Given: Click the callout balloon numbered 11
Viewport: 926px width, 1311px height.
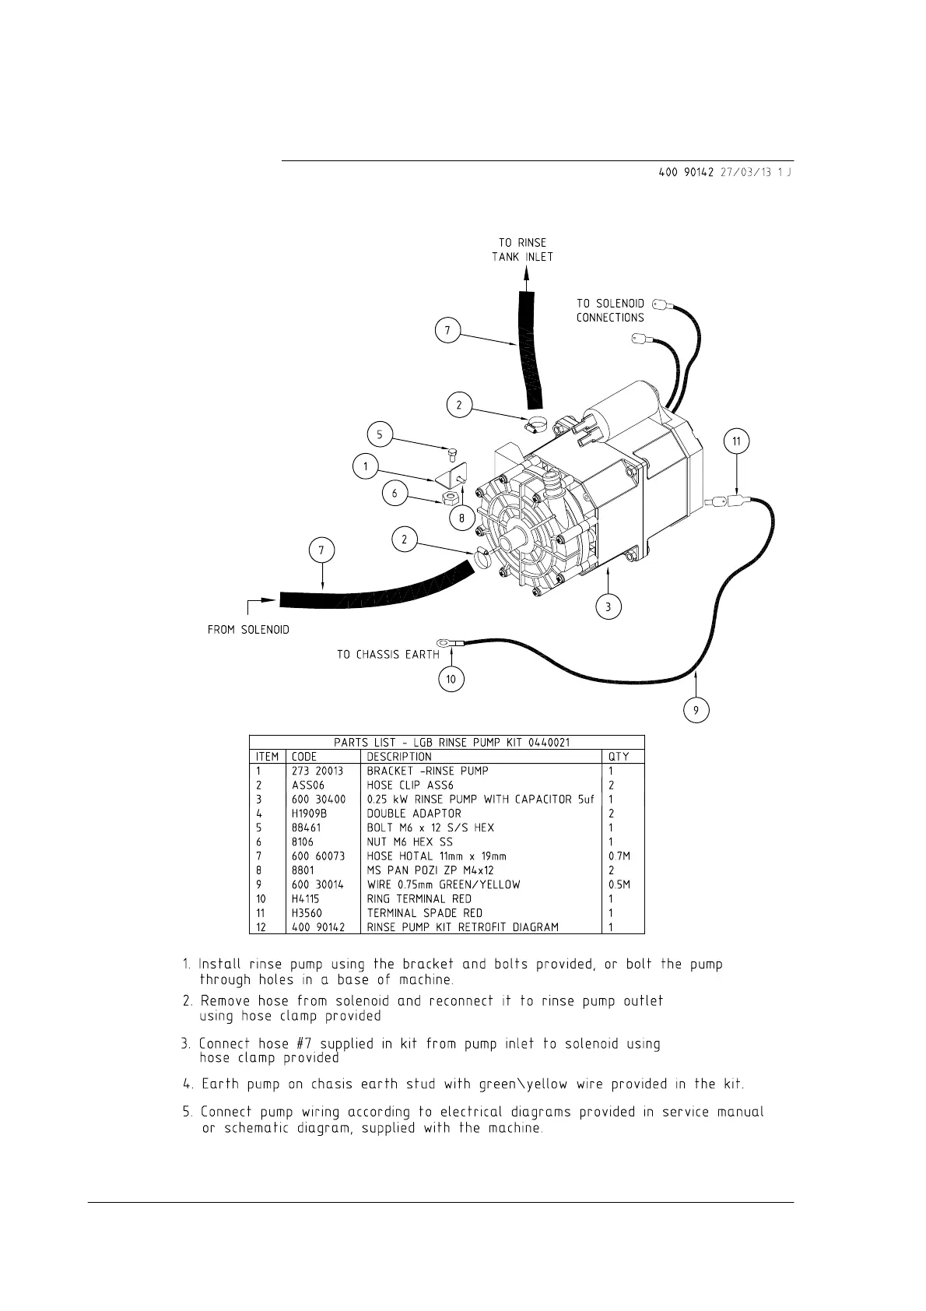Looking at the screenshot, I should click(736, 442).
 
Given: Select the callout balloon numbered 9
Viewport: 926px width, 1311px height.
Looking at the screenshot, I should click(696, 710).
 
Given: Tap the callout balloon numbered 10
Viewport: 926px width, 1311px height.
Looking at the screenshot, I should click(451, 680).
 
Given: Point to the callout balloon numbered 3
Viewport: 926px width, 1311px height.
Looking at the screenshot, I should click(609, 606).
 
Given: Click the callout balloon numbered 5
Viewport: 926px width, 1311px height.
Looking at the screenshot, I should click(380, 434).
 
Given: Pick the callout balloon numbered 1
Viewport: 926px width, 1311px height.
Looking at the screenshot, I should click(365, 467).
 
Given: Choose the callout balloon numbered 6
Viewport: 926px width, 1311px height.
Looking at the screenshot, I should click(395, 494).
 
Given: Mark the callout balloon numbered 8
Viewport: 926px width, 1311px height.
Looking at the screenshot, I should click(461, 518).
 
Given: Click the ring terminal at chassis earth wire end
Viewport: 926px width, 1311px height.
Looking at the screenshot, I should click(444, 643).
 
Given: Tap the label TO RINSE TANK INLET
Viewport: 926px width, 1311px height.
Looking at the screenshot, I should click(522, 250).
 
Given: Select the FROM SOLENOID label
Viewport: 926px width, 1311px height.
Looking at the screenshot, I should click(248, 629).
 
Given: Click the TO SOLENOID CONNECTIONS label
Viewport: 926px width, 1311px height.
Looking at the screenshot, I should click(610, 311).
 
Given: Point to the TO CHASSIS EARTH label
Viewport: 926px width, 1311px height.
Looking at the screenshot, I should click(388, 655).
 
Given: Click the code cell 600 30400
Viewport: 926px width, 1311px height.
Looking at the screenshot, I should click(318, 800).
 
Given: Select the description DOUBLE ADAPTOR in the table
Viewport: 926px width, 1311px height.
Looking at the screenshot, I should click(414, 814).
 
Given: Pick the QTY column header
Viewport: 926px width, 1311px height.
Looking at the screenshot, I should click(619, 757).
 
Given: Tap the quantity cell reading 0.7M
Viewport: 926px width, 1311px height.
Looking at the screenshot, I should click(619, 856).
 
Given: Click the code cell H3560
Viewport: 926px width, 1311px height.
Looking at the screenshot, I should click(306, 913).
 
